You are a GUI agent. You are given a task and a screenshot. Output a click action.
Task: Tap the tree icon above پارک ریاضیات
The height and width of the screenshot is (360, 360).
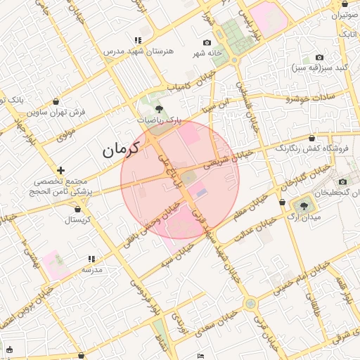[160, 109]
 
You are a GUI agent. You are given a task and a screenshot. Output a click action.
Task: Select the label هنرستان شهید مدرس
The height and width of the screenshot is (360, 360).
[134, 52]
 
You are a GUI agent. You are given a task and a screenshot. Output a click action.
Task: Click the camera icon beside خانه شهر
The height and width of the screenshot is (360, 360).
[206, 42]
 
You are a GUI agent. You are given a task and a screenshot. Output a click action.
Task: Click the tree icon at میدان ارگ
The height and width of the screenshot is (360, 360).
[304, 206]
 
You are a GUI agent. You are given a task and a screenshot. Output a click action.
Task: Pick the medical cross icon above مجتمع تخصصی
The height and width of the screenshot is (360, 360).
[62, 170]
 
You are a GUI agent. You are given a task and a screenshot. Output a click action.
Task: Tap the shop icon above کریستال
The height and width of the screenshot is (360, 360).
[77, 209]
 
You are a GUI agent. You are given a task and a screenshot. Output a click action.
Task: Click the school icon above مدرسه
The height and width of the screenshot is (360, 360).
[91, 259]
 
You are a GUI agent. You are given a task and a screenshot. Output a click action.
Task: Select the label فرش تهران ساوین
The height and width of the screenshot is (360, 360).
[56, 112]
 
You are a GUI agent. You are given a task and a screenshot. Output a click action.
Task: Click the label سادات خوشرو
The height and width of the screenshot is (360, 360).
[309, 96]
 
